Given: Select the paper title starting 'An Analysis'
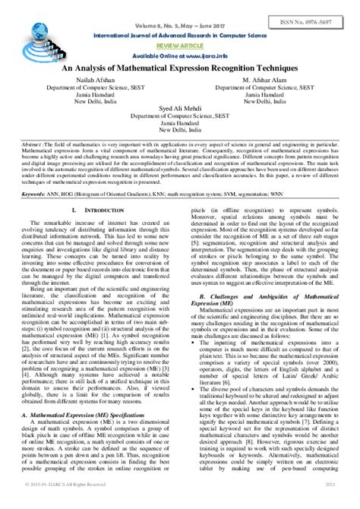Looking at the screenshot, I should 180,68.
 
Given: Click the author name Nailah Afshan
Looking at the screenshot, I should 96,79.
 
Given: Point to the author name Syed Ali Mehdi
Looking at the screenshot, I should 179,109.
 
